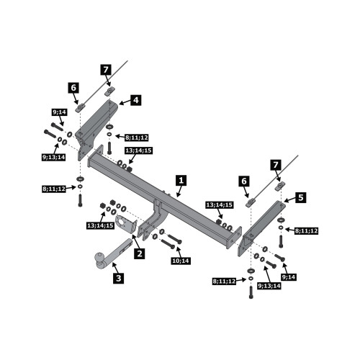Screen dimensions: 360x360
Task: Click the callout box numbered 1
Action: pos(181,181)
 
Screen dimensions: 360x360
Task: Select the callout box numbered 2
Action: pos(140,253)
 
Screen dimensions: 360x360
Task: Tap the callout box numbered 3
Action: pos(119,278)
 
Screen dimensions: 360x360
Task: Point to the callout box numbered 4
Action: pos(136,100)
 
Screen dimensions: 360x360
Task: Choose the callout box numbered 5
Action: pos(300,198)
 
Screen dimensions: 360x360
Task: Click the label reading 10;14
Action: pos(181,261)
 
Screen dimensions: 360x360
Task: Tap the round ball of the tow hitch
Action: pos(99,257)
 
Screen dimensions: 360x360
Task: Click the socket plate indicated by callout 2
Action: pos(126,224)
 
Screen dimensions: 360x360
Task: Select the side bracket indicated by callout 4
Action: pos(95,128)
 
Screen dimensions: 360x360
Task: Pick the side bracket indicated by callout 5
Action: pos(261,228)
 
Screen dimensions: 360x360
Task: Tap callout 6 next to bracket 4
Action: pos(73,88)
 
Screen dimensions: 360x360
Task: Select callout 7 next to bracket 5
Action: pos(276,165)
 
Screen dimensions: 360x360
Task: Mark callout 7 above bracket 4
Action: pos(106,70)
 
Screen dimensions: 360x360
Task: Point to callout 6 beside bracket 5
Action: pos(244,181)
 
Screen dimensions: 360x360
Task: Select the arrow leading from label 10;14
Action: pos(179,252)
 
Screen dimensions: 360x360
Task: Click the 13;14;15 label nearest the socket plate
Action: pos(100,225)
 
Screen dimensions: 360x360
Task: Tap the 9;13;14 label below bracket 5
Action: pos(269,286)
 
